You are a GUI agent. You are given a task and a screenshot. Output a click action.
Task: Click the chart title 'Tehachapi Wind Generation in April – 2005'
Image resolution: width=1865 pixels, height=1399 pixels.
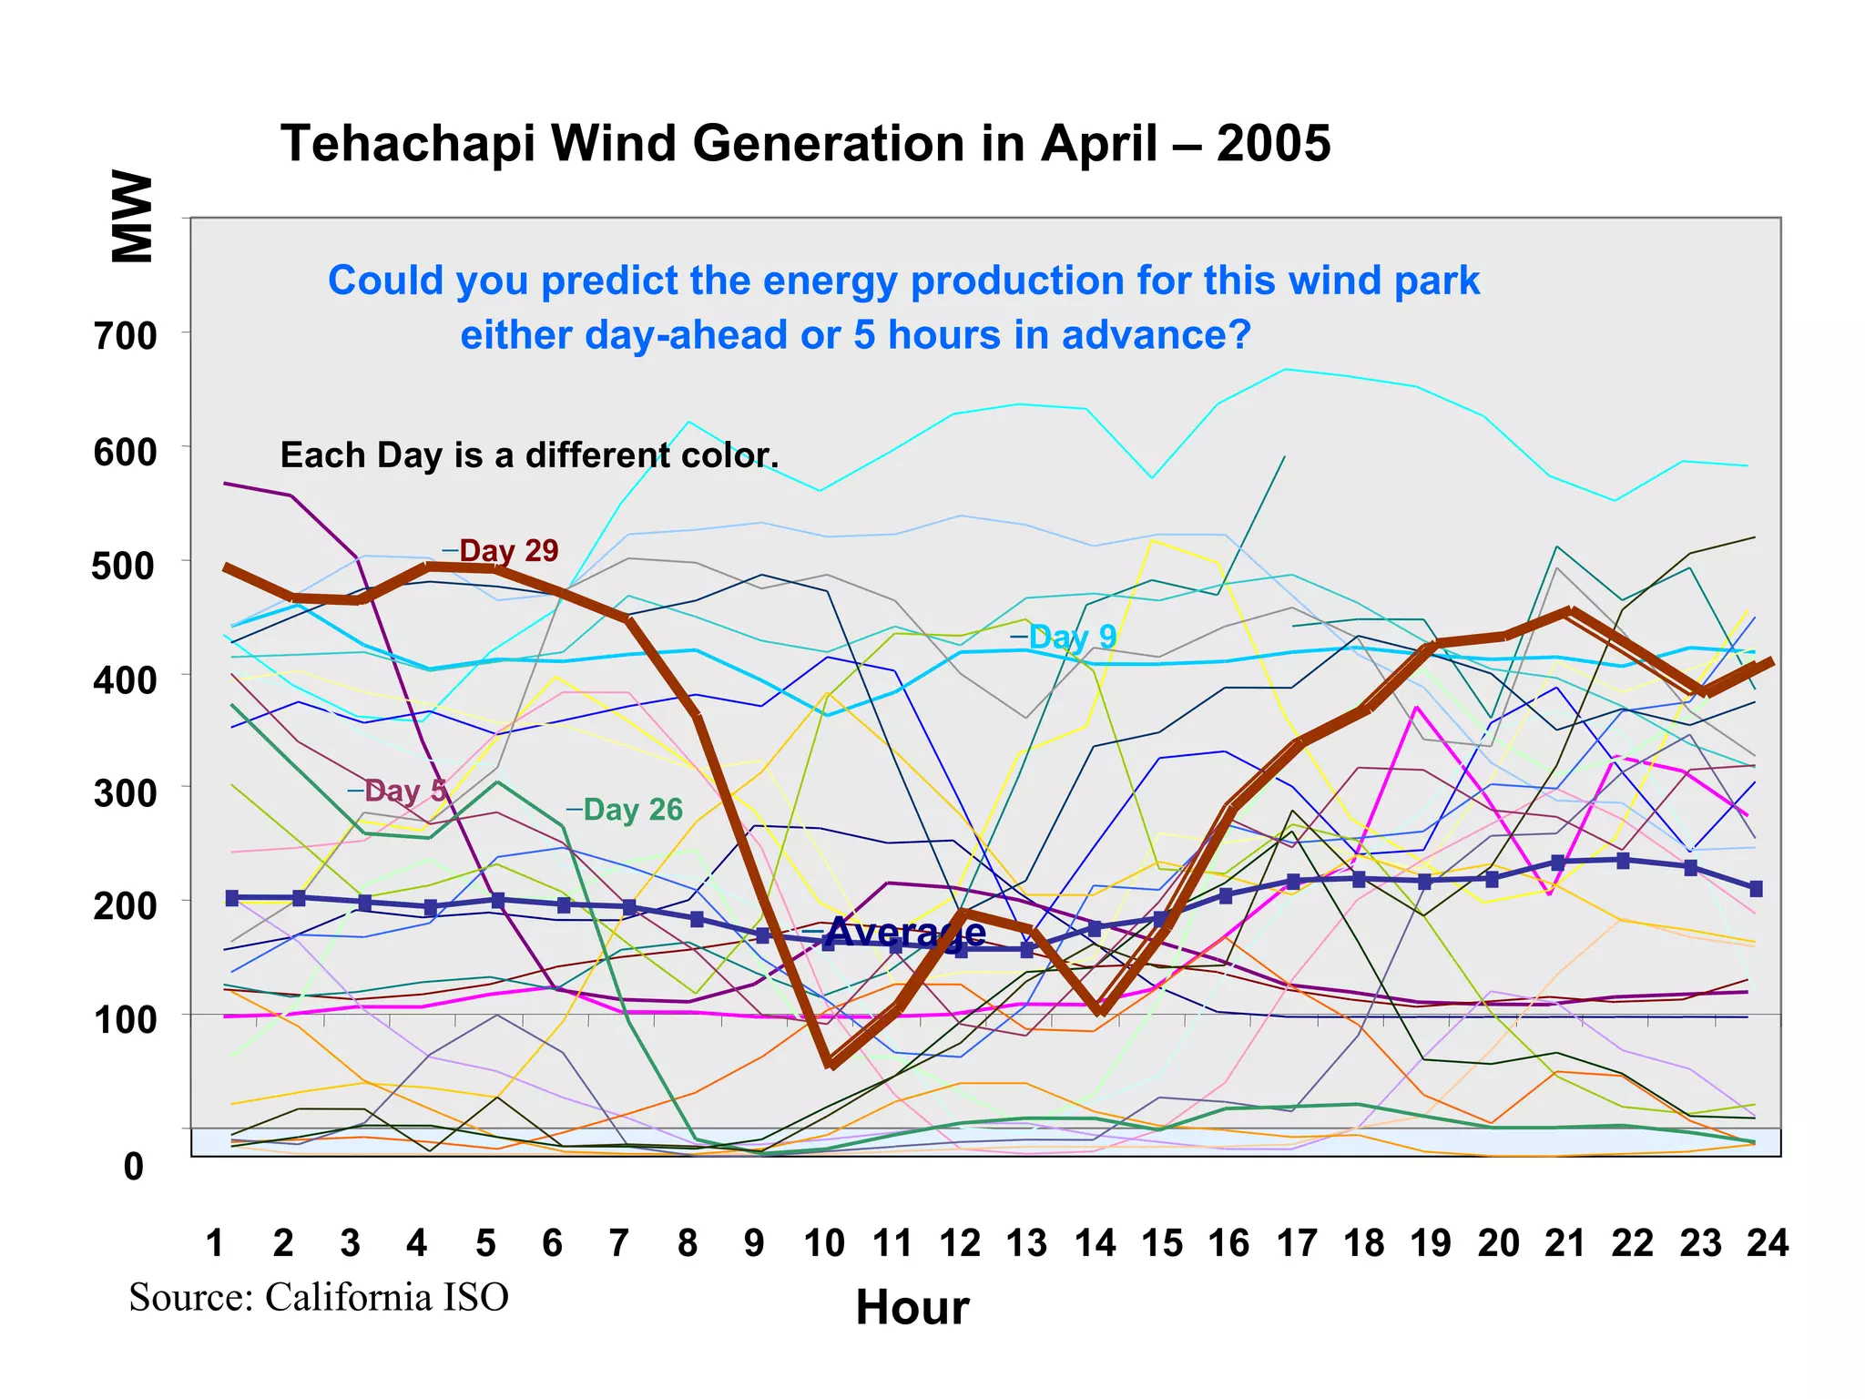point(805,144)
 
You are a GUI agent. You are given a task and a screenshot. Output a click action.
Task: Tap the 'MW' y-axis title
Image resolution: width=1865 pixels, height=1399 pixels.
point(132,217)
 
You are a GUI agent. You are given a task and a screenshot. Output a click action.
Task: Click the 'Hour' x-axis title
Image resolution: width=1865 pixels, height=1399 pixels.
point(912,1308)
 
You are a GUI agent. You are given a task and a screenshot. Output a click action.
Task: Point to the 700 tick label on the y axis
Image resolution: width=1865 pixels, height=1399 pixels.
point(125,337)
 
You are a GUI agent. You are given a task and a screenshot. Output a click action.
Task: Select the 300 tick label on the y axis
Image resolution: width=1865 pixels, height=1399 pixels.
point(125,793)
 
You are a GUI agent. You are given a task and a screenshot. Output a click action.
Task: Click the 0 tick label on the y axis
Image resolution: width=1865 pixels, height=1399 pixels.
point(133,1167)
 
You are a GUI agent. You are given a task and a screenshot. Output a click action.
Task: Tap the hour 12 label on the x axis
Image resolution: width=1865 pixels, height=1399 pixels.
point(959,1243)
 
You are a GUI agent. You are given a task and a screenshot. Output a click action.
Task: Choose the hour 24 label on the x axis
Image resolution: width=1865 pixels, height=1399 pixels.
point(1767,1243)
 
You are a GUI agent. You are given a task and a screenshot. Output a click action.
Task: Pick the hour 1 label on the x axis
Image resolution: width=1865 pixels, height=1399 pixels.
point(215,1243)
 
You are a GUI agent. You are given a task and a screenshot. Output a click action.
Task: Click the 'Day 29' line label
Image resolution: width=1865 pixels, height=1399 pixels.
point(508,551)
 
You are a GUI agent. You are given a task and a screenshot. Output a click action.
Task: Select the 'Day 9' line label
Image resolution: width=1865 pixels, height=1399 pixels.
point(1072,637)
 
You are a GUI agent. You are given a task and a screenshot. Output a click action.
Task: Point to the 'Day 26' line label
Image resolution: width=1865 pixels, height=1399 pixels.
point(632,810)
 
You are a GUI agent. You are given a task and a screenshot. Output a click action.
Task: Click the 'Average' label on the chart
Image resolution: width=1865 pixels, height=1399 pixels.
point(906,932)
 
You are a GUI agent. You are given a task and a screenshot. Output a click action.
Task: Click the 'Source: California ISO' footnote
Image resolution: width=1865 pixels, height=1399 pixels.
point(319,1297)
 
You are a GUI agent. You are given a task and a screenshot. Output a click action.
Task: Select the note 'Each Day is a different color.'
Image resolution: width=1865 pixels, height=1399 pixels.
point(528,455)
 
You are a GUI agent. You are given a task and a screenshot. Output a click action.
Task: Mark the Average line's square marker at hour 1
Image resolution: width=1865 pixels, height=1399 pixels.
point(231,898)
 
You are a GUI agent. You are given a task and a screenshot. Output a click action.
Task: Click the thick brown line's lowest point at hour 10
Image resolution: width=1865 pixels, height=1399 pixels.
point(830,1063)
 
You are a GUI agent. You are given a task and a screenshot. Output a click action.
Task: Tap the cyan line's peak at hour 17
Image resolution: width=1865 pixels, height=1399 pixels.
point(1285,369)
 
